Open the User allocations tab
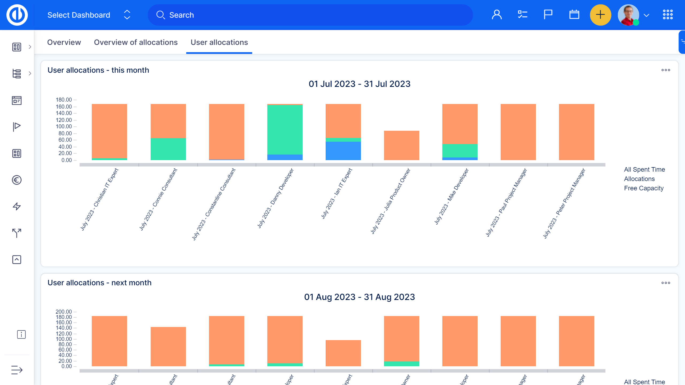(x=219, y=42)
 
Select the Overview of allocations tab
(x=136, y=42)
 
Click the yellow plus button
(x=600, y=15)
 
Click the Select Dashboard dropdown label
(x=79, y=15)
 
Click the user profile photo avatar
(x=628, y=15)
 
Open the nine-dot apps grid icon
(x=668, y=15)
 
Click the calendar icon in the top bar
(x=574, y=15)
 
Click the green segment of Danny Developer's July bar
(x=285, y=130)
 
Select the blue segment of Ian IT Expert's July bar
(x=343, y=151)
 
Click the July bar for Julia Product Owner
(x=401, y=145)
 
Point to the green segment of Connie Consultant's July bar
(x=168, y=149)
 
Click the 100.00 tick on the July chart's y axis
(x=64, y=126)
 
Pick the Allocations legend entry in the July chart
(x=639, y=179)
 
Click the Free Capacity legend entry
(x=644, y=188)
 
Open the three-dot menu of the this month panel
(x=665, y=70)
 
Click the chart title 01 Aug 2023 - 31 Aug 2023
(x=359, y=297)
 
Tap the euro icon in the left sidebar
(x=17, y=180)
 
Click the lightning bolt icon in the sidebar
(x=17, y=206)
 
